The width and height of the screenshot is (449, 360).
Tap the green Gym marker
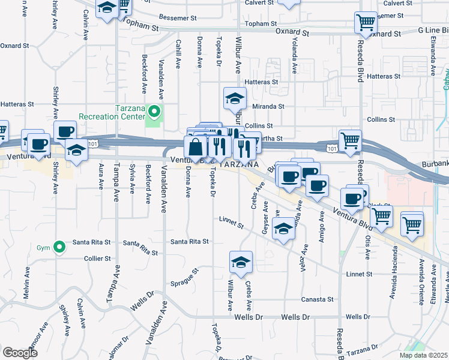tap(59, 247)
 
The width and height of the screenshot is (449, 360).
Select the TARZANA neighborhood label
tap(238, 164)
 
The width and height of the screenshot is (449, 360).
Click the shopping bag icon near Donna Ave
tap(196, 146)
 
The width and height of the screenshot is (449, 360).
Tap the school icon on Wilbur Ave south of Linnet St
tap(241, 262)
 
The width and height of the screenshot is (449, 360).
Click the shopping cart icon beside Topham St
tap(366, 23)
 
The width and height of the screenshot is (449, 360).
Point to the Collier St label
tap(98, 259)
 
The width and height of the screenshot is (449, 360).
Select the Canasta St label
tap(321, 299)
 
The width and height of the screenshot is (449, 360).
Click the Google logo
tap(20, 352)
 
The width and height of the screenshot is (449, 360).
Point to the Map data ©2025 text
tap(422, 355)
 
